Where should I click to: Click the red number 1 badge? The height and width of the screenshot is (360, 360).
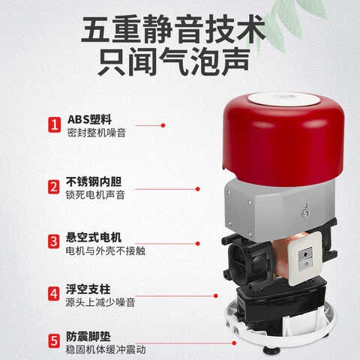(54, 124)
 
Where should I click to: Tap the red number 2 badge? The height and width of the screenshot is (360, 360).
(54, 187)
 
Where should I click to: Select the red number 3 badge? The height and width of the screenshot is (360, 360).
(54, 241)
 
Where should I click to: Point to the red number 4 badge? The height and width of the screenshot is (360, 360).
(54, 293)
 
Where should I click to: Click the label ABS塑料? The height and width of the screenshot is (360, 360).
(88, 118)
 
